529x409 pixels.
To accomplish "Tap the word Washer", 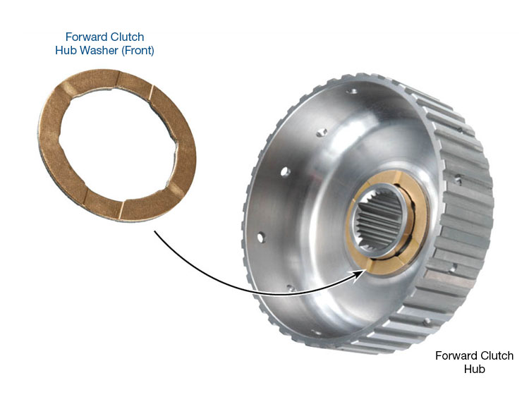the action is (99, 51).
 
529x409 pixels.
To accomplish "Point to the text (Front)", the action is (138, 51).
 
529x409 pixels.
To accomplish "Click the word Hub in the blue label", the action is (66, 51).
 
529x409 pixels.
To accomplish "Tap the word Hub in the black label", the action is (475, 369).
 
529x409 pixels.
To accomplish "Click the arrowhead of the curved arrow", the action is (360, 274).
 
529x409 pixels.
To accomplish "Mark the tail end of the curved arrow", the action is (155, 231).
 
